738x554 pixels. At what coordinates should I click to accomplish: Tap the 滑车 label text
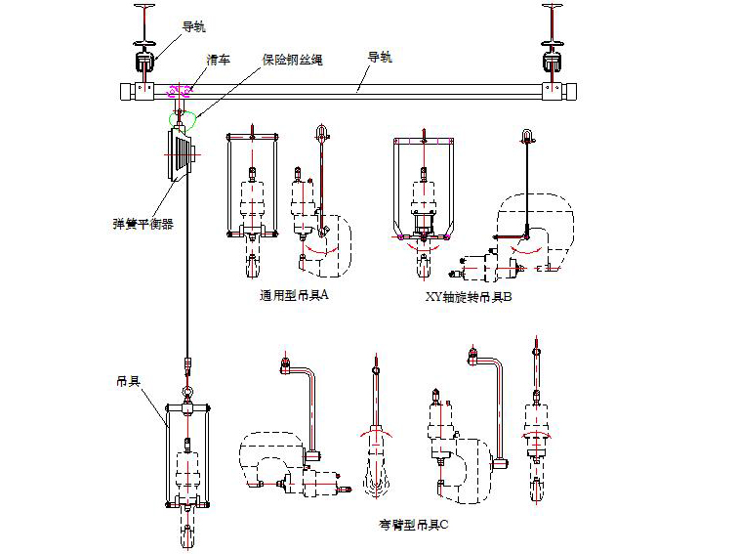[217, 60]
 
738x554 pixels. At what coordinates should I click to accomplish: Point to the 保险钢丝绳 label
[292, 60]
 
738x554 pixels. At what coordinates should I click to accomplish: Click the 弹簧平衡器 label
[143, 223]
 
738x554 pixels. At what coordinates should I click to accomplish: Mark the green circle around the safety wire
[182, 121]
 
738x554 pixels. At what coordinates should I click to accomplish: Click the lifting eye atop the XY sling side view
[526, 134]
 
